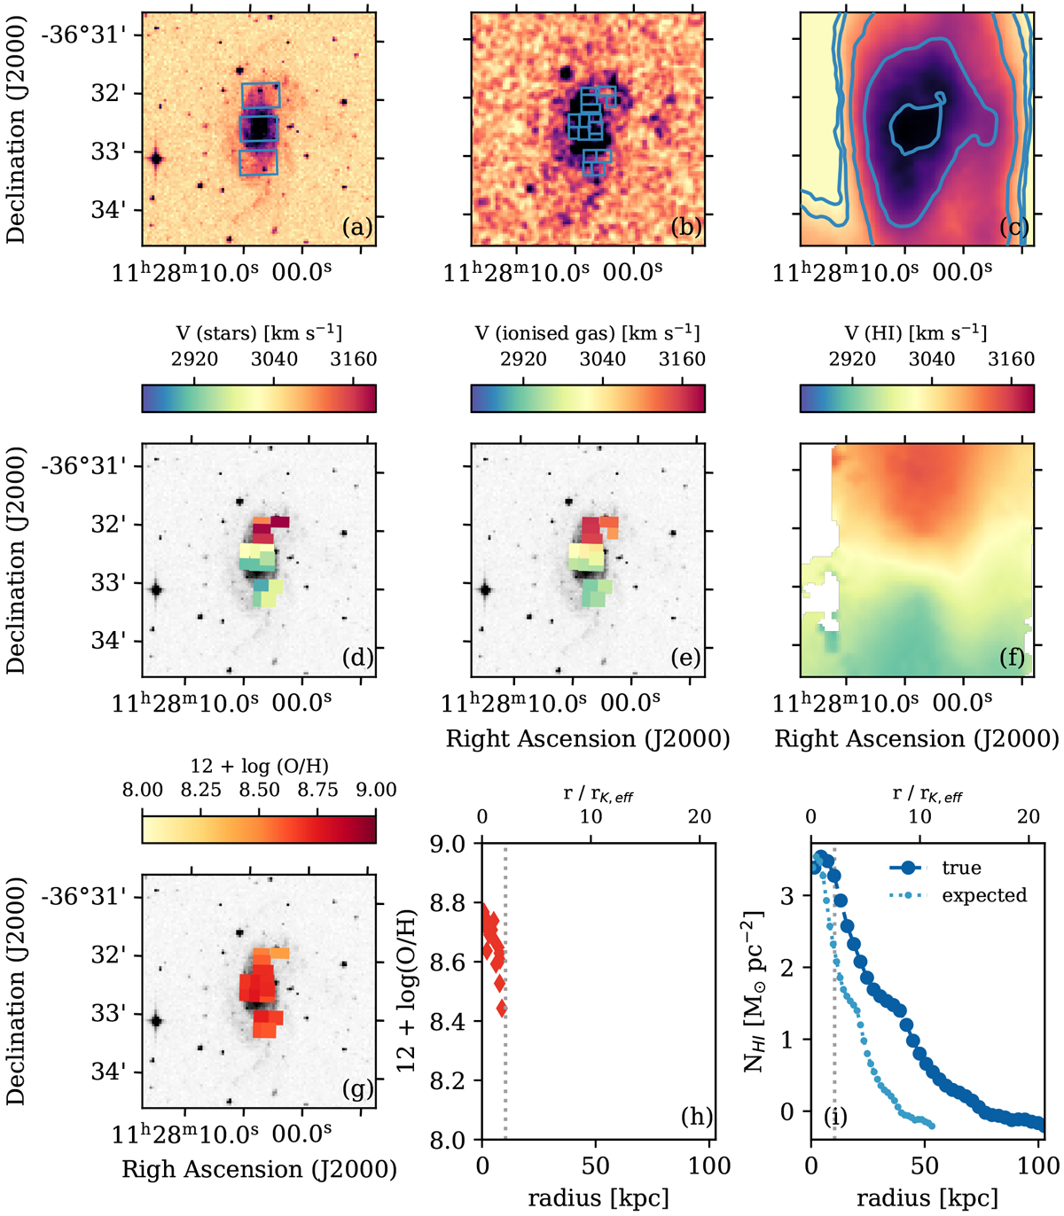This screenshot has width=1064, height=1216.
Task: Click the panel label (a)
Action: tap(356, 228)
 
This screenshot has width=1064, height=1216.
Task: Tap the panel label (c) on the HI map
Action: tap(1013, 228)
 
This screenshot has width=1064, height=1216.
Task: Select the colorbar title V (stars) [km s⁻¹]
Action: tap(259, 334)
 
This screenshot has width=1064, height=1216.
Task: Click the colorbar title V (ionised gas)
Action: tap(588, 334)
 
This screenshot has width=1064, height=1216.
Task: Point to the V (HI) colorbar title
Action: tap(917, 334)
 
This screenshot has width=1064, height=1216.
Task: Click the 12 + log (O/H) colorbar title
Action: tap(259, 766)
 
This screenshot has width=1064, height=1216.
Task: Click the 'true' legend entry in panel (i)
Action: tap(961, 869)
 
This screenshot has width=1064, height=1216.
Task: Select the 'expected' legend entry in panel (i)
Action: tap(984, 895)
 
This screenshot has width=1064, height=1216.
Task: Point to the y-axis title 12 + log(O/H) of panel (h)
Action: tap(407, 991)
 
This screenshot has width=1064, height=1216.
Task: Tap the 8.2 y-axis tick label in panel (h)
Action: tap(452, 1081)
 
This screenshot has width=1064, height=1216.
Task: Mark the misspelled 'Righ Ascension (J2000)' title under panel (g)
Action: tap(259, 1170)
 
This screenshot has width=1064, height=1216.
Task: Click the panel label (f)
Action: tap(1013, 658)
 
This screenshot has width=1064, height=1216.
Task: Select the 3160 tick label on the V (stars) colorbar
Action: tap(353, 359)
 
